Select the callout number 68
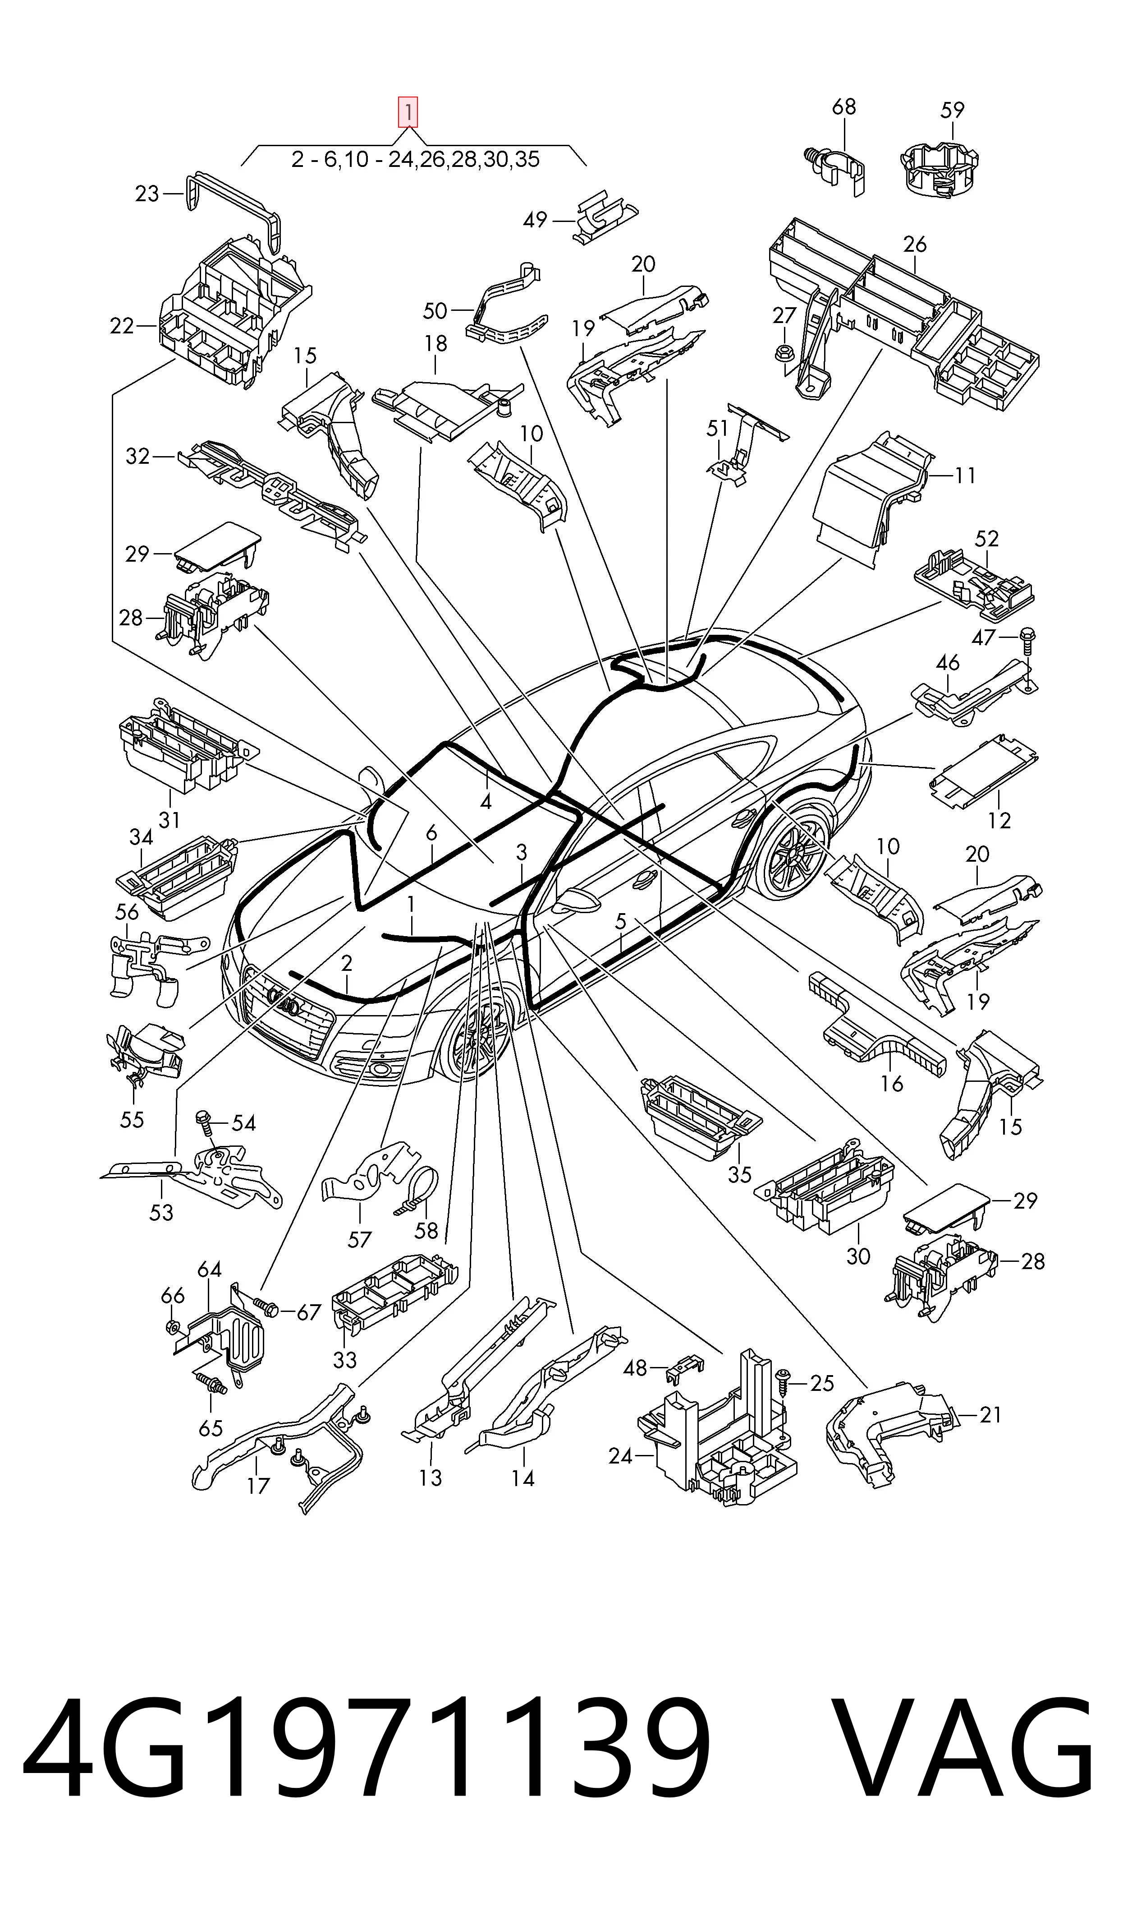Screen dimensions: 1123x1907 pyautogui.click(x=844, y=107)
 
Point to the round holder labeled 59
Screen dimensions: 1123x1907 pyautogui.click(x=940, y=169)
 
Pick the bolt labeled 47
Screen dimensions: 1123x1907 pyautogui.click(x=1028, y=650)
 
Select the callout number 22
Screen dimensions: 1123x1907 pyautogui.click(x=122, y=326)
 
